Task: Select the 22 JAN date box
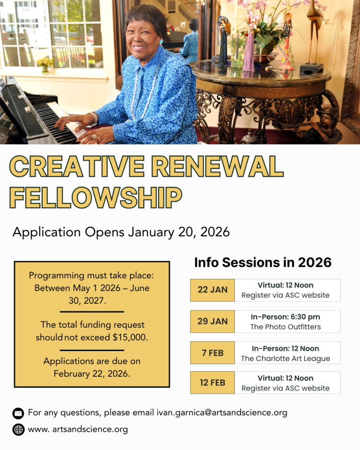click(x=212, y=290)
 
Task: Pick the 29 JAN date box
click(x=212, y=322)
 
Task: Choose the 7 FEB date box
click(x=212, y=353)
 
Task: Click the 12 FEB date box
click(x=212, y=382)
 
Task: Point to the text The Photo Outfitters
click(x=285, y=327)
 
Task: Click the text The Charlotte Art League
click(x=285, y=359)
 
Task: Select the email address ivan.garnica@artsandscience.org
click(x=222, y=413)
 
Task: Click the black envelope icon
click(x=18, y=413)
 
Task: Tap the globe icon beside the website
click(x=18, y=429)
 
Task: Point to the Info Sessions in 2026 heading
click(x=262, y=262)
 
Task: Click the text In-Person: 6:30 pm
click(x=285, y=317)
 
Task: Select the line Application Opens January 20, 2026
click(x=121, y=232)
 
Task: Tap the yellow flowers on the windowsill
click(x=45, y=62)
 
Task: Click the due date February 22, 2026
click(x=92, y=374)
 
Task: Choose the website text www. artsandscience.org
click(x=78, y=429)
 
